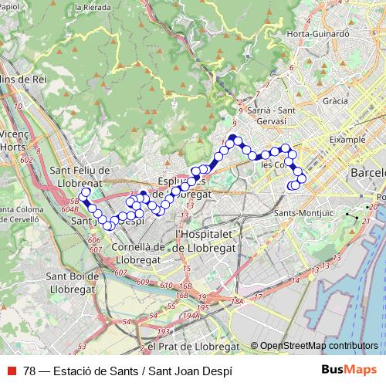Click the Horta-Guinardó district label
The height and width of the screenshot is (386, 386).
(x=319, y=34)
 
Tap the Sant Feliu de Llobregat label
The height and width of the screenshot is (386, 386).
(x=80, y=176)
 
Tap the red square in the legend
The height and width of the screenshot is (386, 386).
(x=12, y=369)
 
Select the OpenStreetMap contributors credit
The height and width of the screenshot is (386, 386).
(x=319, y=346)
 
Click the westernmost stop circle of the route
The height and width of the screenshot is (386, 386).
(x=85, y=193)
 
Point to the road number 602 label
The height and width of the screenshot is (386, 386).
(x=28, y=161)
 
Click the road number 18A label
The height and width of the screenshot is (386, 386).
(x=238, y=302)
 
